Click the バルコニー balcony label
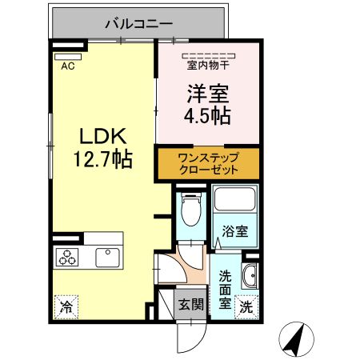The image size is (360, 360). tap(139, 24)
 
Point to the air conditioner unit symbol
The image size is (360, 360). tap(68, 56)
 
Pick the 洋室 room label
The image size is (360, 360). tap(206, 94)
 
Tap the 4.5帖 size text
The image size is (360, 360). tap(207, 116)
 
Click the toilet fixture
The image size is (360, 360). tap(190, 211)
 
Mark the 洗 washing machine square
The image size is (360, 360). tap(248, 306)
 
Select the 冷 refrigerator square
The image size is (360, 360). tap(66, 306)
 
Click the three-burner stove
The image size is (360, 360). tap(68, 258)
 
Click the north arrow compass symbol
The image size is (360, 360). tap(298, 339)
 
